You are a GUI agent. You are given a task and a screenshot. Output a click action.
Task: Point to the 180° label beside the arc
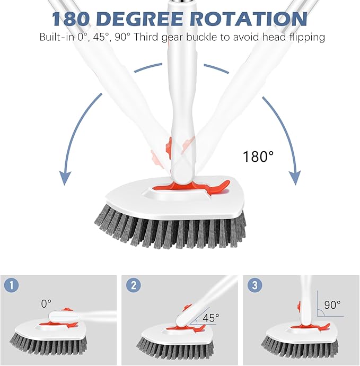point(259,156)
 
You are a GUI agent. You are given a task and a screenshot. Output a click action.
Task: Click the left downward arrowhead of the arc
point(65,178)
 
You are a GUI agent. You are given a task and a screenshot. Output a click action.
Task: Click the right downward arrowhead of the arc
point(295,178)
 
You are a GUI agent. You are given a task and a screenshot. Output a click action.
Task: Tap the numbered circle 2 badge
point(134,285)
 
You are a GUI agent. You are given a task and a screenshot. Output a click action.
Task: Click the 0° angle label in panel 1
point(46,303)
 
